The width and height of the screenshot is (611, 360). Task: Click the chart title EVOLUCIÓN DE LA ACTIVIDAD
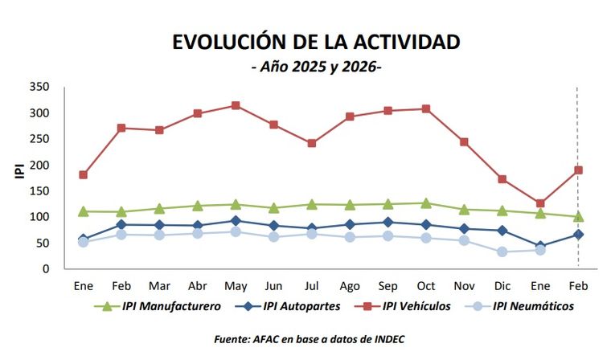click(316, 42)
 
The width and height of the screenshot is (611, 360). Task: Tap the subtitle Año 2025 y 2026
click(316, 67)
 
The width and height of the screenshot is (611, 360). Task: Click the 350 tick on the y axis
click(39, 87)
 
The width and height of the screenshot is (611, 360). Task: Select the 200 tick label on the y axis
click(39, 165)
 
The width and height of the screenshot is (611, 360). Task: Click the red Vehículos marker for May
click(236, 105)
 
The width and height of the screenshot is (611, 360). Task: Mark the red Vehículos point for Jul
click(312, 143)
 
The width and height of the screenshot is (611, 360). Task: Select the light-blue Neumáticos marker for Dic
click(502, 252)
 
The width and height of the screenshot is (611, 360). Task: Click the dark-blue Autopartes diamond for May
click(236, 220)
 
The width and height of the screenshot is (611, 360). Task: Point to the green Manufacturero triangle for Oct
click(426, 203)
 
